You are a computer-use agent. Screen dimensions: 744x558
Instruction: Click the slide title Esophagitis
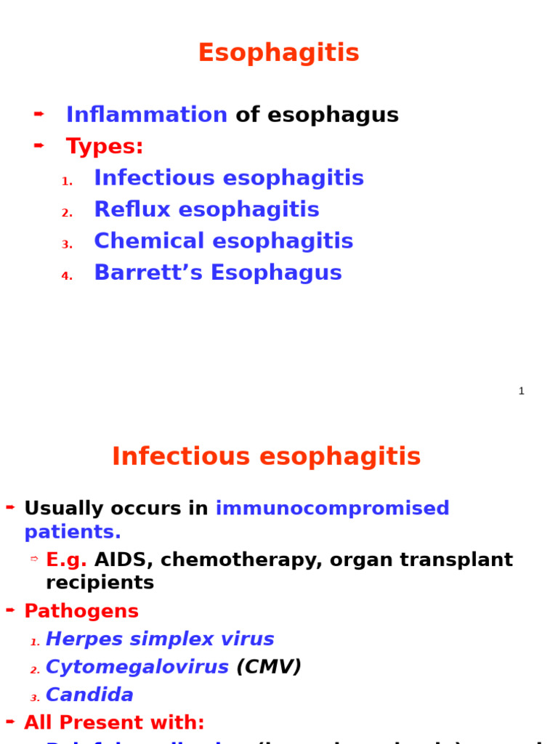(278, 53)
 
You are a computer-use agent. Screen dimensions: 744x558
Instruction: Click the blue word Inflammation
(147, 115)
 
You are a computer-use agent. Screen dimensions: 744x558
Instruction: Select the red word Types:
(105, 147)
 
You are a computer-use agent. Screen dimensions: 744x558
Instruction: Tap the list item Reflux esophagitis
(206, 210)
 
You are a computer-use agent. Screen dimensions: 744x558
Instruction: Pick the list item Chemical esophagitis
(223, 241)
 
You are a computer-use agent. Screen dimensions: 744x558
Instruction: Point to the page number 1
(521, 391)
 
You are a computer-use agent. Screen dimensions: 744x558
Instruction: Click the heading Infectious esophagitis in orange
(266, 457)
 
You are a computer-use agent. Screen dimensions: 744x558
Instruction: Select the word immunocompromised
(332, 509)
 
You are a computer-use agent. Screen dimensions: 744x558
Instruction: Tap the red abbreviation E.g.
(66, 560)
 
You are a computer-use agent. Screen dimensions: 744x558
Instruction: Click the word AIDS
(120, 560)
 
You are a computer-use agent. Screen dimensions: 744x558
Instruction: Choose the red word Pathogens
(81, 612)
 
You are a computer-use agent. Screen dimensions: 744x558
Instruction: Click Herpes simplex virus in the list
(160, 639)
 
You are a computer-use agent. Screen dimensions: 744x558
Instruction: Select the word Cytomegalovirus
(137, 667)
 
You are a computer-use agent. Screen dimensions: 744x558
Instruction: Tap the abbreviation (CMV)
(269, 667)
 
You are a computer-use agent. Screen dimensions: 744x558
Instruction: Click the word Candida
(89, 695)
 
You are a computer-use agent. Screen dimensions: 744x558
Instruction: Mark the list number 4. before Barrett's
(67, 276)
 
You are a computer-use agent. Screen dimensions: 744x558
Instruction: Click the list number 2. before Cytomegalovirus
(35, 670)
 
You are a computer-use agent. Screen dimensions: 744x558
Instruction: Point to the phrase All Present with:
(114, 723)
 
